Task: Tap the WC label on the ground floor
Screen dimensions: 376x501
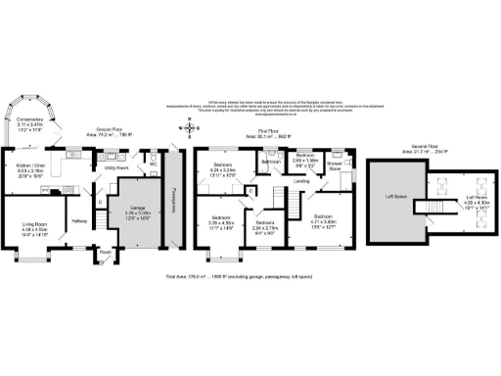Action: tap(154, 163)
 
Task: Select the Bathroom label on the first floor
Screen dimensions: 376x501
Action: tap(270, 161)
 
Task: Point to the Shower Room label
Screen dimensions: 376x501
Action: tap(335, 165)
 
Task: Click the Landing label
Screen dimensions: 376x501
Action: tap(303, 180)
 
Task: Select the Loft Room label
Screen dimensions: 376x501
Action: tap(457, 198)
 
